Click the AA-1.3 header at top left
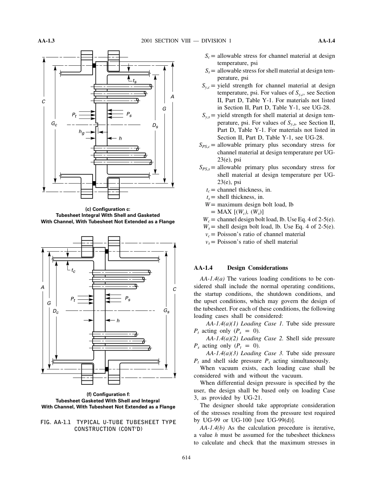pos(46,41)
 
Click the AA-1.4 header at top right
pos(326,41)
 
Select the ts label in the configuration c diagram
pos(134,81)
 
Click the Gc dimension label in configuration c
pos(54,125)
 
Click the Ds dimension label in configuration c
pos(155,125)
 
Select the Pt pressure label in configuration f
pos(73,299)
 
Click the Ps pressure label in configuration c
pos(129,114)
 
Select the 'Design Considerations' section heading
pos(257,268)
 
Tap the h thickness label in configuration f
pos(118,321)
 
